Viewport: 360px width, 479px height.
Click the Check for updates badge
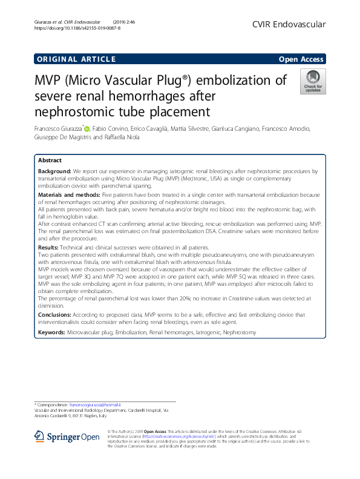tap(312, 81)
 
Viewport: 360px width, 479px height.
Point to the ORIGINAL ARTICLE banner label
tap(76, 59)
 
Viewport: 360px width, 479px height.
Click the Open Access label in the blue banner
tap(302, 59)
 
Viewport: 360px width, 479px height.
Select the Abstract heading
tap(50, 160)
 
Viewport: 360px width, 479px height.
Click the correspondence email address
tap(96, 404)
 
